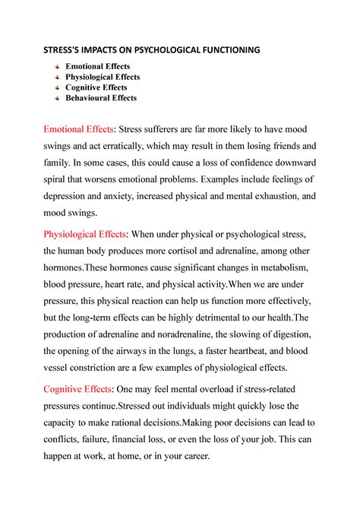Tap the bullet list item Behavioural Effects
click(102, 98)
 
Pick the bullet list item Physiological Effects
click(103, 77)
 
